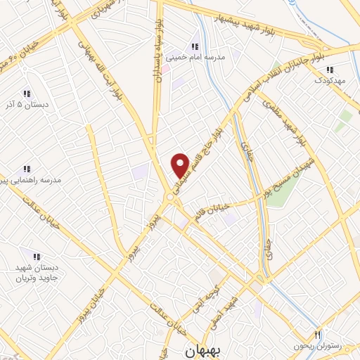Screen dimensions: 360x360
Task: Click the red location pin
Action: point(181,165)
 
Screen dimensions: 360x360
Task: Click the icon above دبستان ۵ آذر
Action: point(26,94)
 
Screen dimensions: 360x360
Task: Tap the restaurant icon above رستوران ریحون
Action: point(317,333)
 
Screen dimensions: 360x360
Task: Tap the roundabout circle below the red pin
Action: point(171,199)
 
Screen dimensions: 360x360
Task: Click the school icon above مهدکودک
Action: point(328,69)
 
